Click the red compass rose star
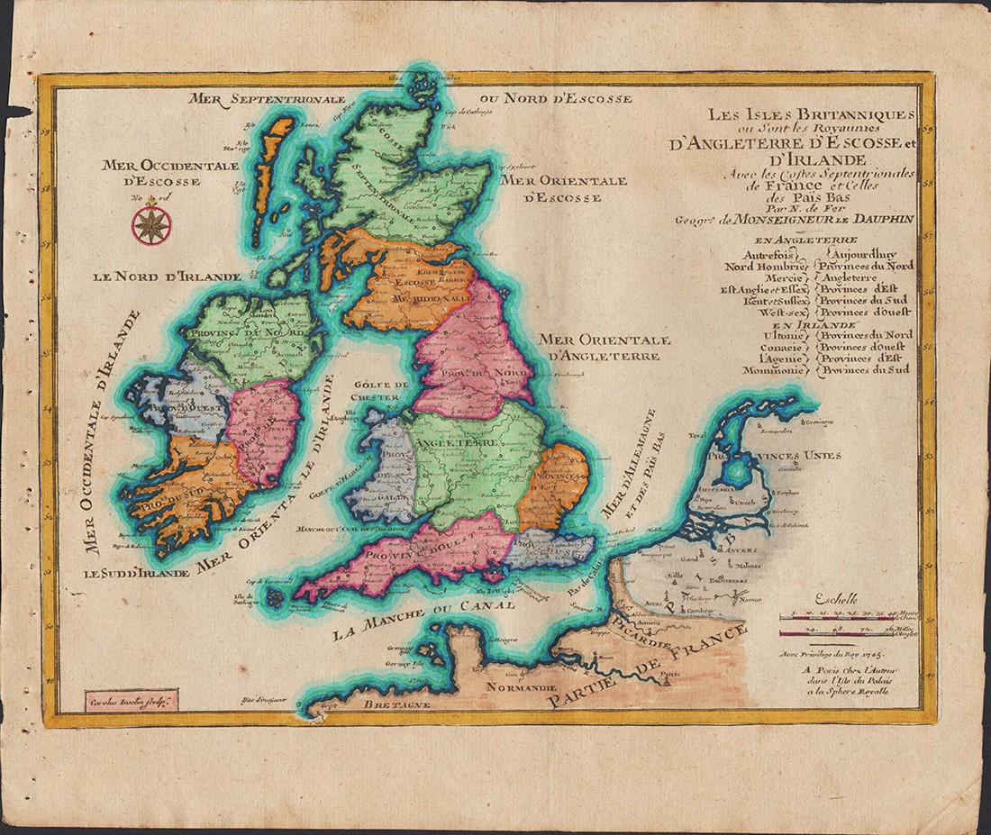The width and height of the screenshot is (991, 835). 147,224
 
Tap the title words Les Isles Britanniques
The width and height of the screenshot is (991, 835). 797,116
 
